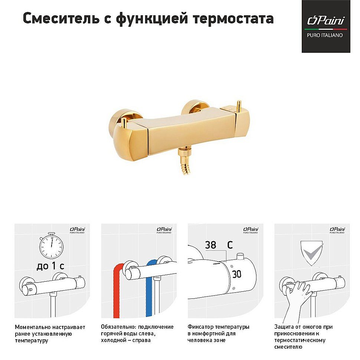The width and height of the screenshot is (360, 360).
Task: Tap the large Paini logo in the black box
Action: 325,21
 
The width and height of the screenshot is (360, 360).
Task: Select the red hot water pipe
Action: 116,293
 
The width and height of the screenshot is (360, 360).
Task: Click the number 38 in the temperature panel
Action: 210,245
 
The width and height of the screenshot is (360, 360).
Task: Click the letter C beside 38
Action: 230,245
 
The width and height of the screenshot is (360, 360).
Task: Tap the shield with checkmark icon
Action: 311,253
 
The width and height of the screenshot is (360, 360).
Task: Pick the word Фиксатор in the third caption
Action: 201,327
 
